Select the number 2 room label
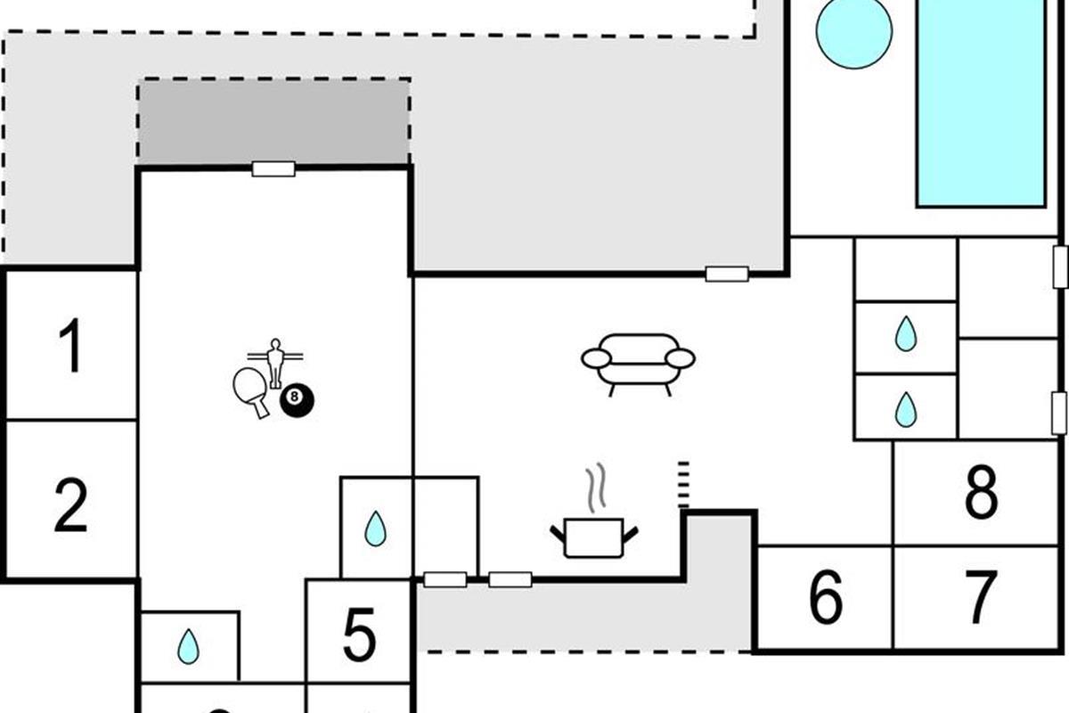(x=70, y=504)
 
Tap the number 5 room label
(x=359, y=635)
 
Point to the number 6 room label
(x=825, y=599)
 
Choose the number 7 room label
(x=981, y=599)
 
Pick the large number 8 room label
(x=981, y=493)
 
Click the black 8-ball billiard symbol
(x=297, y=402)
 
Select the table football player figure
(x=275, y=360)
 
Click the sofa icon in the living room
(x=638, y=362)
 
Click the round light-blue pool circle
(x=853, y=31)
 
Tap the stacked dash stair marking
(x=683, y=484)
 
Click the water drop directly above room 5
(x=376, y=529)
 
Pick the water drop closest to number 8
(x=905, y=409)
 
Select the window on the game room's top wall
(x=273, y=169)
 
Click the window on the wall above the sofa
(x=727, y=274)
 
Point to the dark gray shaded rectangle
(x=273, y=120)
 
